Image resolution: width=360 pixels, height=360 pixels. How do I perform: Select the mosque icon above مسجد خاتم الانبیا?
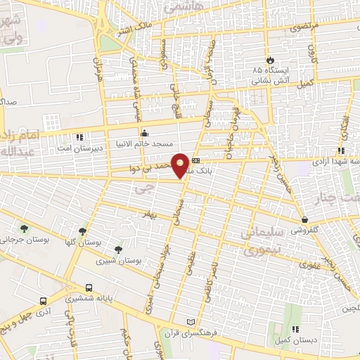(x=145, y=133)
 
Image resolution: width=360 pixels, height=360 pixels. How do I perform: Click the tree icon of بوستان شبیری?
(x=118, y=249)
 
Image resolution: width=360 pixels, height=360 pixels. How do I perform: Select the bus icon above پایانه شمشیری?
(x=89, y=288)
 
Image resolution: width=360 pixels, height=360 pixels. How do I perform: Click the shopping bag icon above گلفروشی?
(x=304, y=220)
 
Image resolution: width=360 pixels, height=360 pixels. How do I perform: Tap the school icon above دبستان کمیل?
(x=296, y=329)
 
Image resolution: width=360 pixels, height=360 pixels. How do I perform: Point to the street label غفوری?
(x=309, y=266)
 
